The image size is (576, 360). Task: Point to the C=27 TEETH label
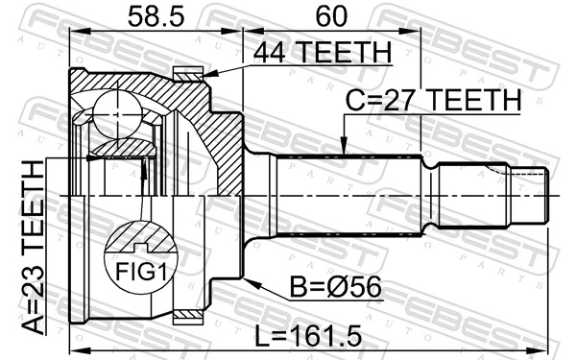(x=431, y=100)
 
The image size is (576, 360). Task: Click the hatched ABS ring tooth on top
(x=187, y=71)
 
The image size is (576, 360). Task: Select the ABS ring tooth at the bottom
(x=187, y=314)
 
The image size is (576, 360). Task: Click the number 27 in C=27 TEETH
(x=406, y=100)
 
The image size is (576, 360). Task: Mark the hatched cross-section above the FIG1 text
(x=141, y=236)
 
